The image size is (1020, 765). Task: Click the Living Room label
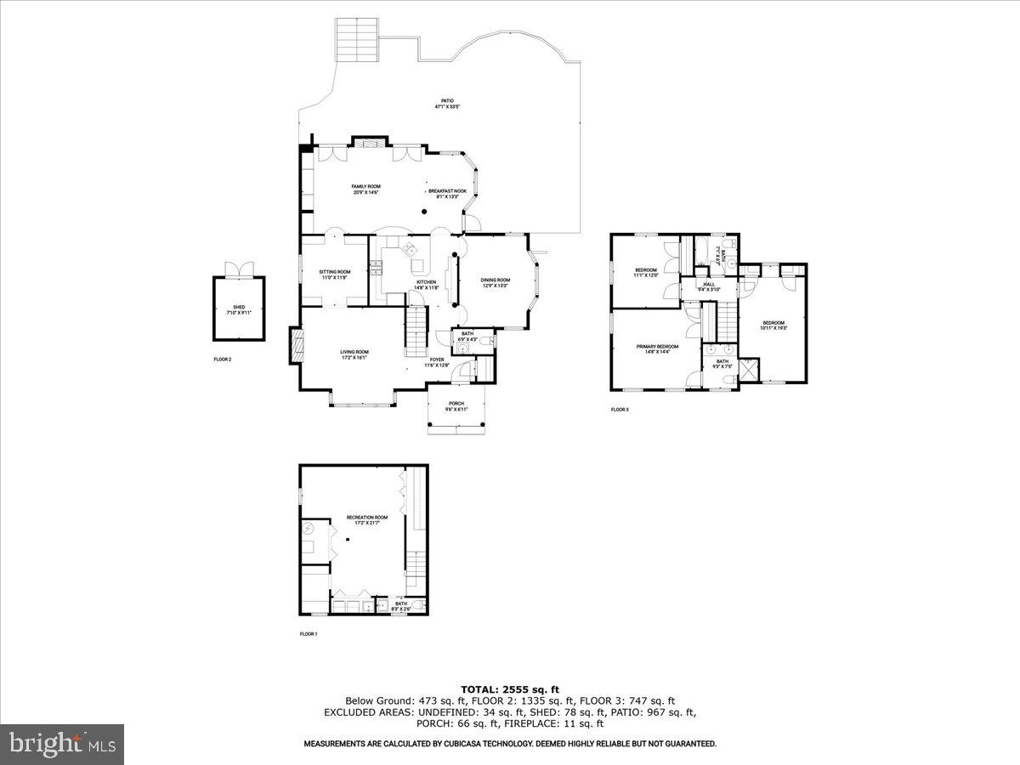point(354,354)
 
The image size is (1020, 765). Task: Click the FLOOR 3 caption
point(620,410)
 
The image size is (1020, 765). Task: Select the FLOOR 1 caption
point(308,634)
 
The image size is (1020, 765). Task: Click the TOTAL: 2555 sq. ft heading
point(509,689)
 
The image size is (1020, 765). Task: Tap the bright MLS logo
point(62,745)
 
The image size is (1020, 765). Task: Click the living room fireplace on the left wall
point(295,346)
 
